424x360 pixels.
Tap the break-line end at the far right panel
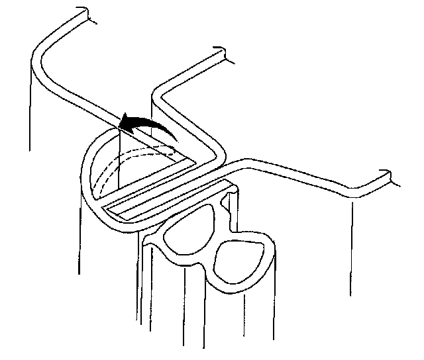(x=388, y=176)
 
